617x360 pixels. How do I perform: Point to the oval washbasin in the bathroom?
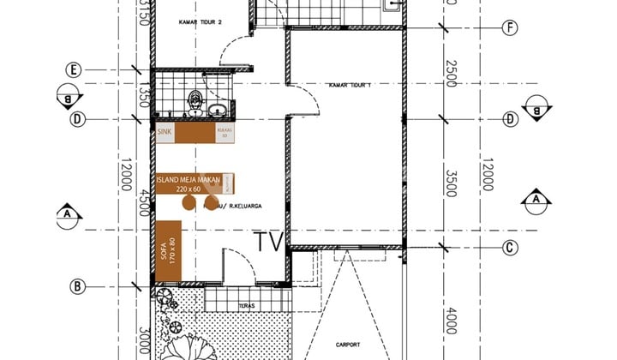pyautogui.click(x=219, y=110)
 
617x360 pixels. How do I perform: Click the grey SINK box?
pyautogui.click(x=165, y=133)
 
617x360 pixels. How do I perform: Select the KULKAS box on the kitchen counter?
pyautogui.click(x=226, y=134)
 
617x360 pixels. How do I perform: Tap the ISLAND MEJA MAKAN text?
pyautogui.click(x=189, y=180)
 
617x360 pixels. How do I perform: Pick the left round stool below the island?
pyautogui.click(x=187, y=202)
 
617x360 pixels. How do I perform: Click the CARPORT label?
pyautogui.click(x=348, y=345)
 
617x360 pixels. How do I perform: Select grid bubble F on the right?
pyautogui.click(x=510, y=27)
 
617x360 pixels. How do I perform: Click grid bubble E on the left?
pyautogui.click(x=75, y=69)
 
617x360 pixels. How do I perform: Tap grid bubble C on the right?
pyautogui.click(x=510, y=248)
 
